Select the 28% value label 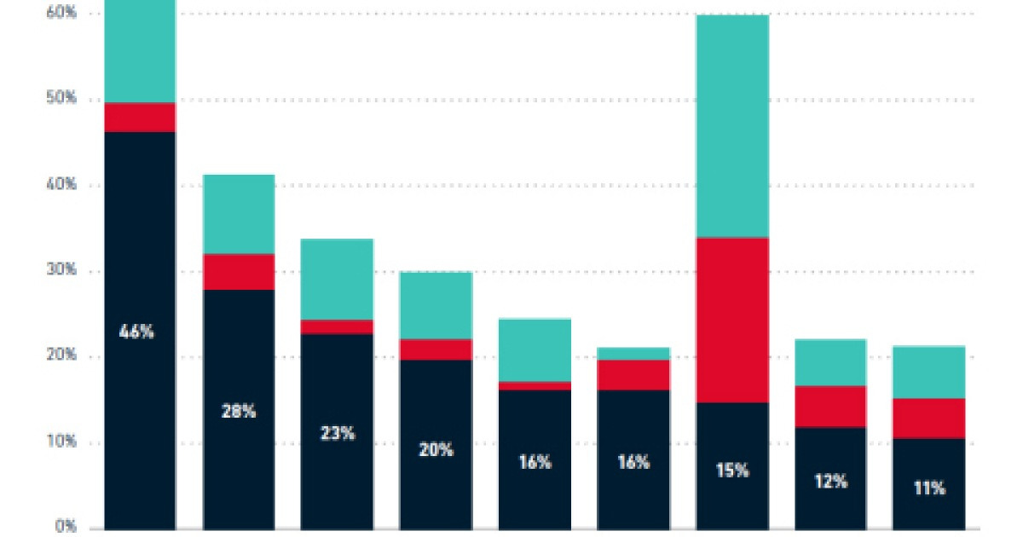click(239, 411)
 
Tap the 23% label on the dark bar click(337, 433)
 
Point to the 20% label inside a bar click(436, 449)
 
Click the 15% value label click(732, 470)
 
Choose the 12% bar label click(830, 482)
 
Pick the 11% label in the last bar click(929, 488)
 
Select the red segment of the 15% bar click(732, 320)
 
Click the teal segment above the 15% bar click(732, 126)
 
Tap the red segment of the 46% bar click(140, 117)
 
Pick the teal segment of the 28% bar click(239, 214)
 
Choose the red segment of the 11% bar click(929, 418)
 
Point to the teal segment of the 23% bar click(337, 279)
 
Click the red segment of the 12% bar click(830, 406)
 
